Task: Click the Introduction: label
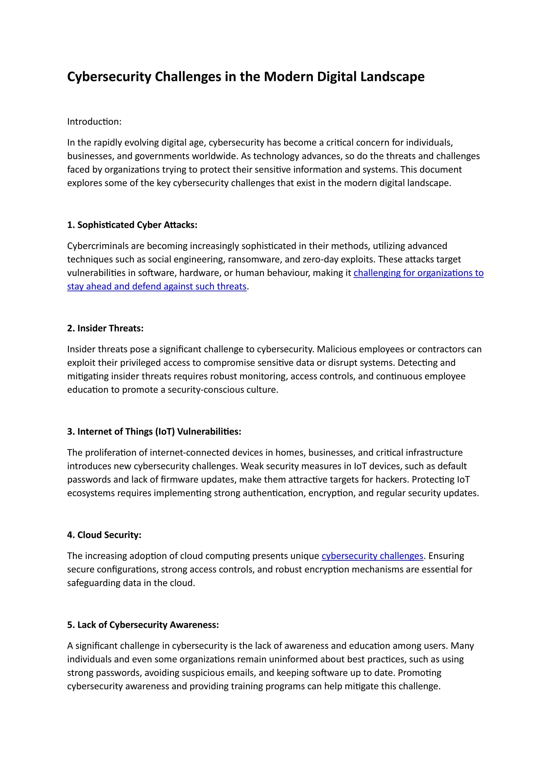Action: pos(94,122)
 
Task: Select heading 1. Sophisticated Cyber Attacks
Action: pos(132,225)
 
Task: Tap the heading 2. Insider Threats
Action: pos(105,328)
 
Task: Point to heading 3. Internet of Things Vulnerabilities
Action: pos(154,431)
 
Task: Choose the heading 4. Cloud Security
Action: pos(104,535)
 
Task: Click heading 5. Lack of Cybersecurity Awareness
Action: pos(143,625)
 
